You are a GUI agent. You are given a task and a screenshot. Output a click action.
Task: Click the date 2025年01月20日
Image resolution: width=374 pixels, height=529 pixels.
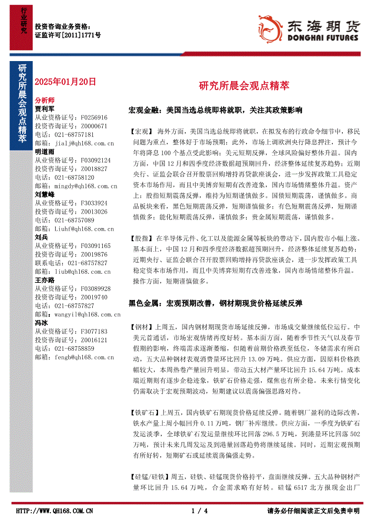[x=66, y=82]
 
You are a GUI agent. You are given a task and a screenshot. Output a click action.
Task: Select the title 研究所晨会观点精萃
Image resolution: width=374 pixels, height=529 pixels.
[x=244, y=86]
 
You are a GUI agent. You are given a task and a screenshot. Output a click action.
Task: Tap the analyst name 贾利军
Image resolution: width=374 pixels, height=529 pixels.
[x=44, y=109]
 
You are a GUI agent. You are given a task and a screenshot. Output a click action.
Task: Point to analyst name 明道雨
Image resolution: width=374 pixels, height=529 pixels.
[x=44, y=152]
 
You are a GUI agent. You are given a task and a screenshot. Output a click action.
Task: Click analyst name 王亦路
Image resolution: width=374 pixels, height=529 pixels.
[x=44, y=280]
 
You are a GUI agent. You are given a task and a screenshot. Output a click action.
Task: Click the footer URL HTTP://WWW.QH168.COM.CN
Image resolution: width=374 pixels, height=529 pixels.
[x=55, y=511]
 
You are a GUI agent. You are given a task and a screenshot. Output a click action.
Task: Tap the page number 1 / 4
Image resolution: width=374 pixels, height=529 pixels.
[x=200, y=511]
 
